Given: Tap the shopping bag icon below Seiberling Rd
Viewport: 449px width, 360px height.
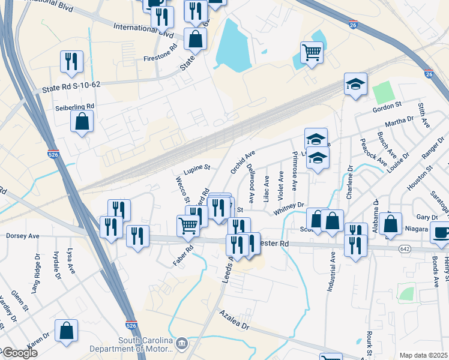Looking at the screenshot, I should pos(82,121).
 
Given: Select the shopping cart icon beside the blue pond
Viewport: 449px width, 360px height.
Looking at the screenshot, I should pos(312,53).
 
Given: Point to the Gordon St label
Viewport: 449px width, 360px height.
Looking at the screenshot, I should pos(387,106).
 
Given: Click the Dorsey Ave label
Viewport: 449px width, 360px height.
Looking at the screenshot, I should pos(23,236).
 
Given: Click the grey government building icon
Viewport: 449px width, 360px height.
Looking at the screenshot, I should pos(182,344).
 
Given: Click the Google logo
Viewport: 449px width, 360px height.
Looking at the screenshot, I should pos(19,353).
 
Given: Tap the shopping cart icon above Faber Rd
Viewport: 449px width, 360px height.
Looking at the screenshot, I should pos(188,226).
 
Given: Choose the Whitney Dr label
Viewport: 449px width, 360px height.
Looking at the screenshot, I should pos(289,208).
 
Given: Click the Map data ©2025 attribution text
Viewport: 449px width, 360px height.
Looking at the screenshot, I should pos(423,355).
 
